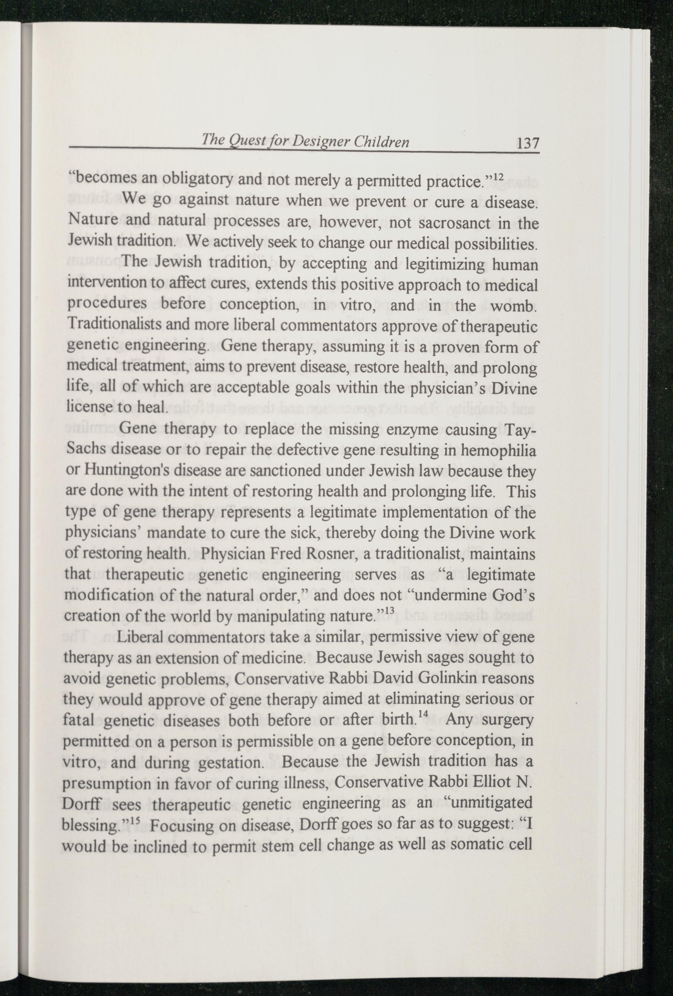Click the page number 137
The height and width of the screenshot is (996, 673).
click(x=528, y=142)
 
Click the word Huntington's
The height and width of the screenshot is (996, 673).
click(x=117, y=471)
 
